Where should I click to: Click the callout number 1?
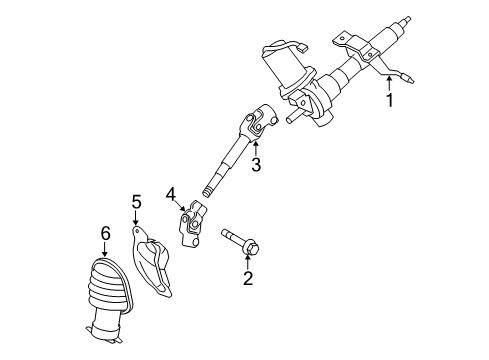point(390,101)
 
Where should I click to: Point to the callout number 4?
point(171,193)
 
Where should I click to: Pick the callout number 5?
point(136,205)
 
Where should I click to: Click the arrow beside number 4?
point(182,203)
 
